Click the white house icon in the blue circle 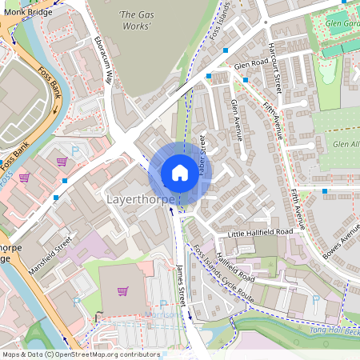(179, 173)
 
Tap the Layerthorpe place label (140, 197)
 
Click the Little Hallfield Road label (259, 231)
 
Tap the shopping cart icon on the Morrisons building (122, 290)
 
